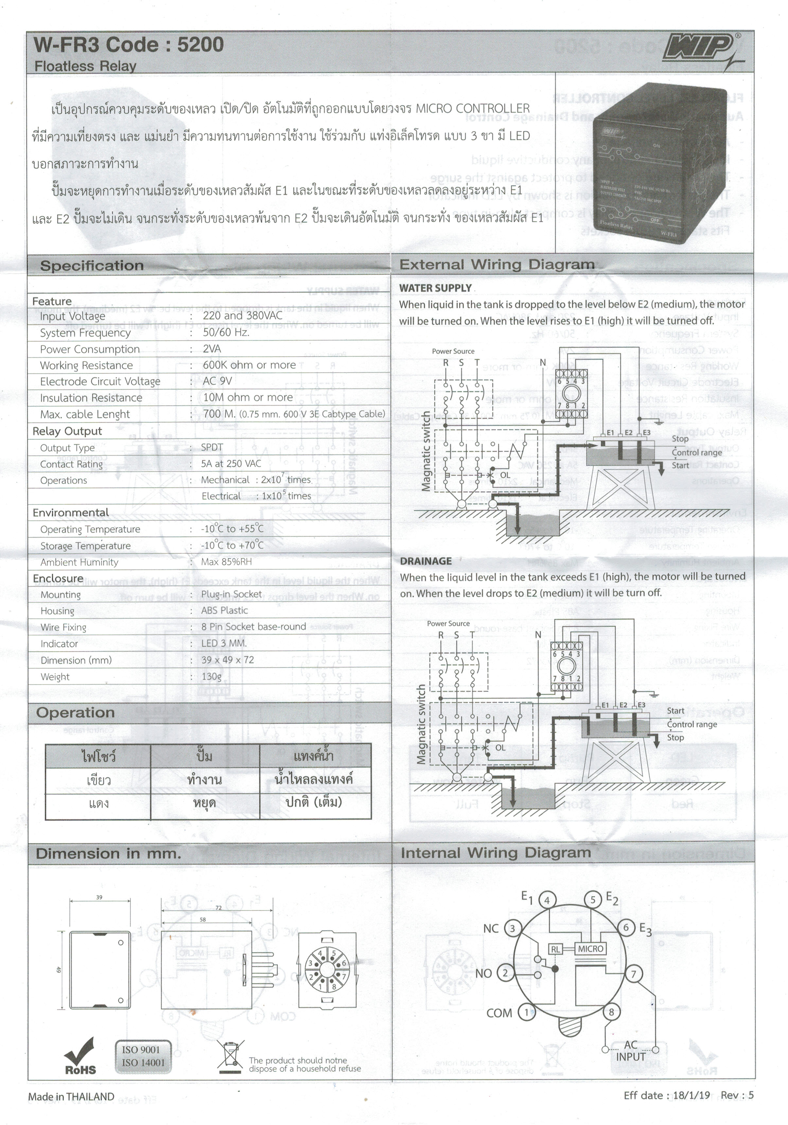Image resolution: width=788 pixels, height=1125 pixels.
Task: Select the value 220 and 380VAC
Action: pos(242,316)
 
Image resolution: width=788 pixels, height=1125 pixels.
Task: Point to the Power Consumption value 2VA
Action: pos(212,349)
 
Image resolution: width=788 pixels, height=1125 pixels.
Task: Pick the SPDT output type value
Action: pos(212,447)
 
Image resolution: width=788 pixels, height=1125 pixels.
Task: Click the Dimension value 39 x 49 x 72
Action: pos(227,660)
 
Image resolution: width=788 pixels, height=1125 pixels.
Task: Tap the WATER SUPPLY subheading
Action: pos(435,288)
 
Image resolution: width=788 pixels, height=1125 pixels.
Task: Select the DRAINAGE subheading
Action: pos(426,561)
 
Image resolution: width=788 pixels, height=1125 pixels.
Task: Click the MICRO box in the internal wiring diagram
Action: pos(591,949)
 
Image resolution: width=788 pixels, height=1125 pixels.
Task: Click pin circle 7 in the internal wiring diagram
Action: pos(634,973)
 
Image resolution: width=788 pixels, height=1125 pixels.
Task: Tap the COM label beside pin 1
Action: pos(499,1013)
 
